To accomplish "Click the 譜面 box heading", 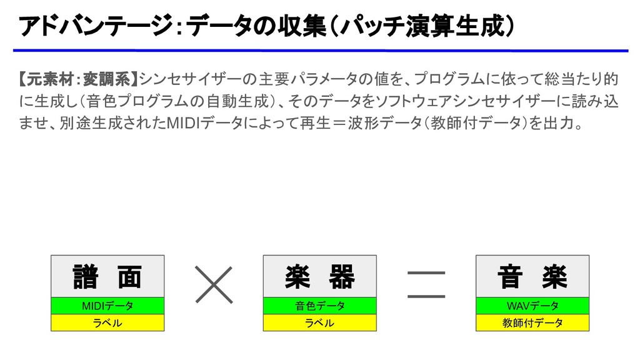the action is click(107, 276).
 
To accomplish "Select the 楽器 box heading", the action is click(319, 276).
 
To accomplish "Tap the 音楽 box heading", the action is click(532, 276).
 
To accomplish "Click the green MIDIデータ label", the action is click(107, 306).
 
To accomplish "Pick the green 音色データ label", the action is click(319, 306).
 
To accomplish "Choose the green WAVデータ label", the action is click(532, 306).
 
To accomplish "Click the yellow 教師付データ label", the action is click(532, 322).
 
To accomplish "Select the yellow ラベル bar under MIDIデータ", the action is click(107, 322).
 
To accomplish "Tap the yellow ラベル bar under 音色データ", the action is click(319, 322).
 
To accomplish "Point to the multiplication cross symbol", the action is click(213, 284).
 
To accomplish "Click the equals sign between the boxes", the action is click(426, 284).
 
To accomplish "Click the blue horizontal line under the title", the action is click(320, 51).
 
